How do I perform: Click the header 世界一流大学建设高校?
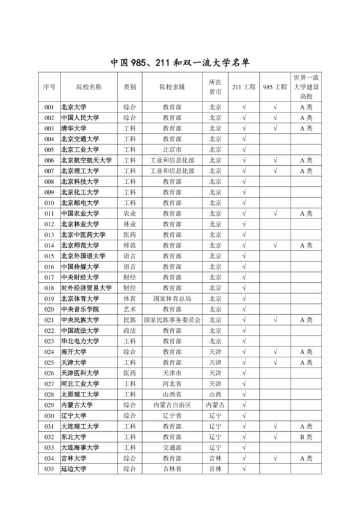306,87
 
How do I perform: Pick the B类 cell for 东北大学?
306,436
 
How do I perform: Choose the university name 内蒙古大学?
76,404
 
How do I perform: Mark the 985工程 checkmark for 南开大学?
274,352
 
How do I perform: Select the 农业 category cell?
129,213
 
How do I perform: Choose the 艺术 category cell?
129,309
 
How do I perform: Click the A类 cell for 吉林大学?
306,458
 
